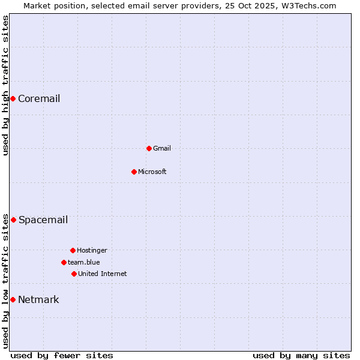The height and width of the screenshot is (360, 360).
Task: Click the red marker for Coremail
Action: pos(13,98)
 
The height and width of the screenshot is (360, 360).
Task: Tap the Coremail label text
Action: pos(39,99)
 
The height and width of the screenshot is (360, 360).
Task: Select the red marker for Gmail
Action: pos(149,148)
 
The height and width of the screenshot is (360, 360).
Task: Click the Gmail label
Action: pos(162,149)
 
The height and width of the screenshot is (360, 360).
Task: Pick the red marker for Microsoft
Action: pos(134,172)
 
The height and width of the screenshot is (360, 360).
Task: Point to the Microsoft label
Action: pos(152,172)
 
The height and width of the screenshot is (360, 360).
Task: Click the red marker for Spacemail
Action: pos(13,220)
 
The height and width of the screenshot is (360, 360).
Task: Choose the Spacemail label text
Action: pos(43,220)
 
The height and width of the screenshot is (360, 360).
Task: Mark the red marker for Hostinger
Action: pos(73,250)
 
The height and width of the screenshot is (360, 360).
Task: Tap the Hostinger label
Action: pos(92,251)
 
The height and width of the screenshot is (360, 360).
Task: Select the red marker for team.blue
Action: pos(64,262)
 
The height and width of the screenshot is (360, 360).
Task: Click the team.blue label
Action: pos(84,263)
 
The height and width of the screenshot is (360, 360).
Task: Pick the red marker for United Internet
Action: pos(74,274)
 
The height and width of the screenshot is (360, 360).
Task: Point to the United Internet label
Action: pos(103,274)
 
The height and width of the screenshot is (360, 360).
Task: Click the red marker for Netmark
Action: pos(13,299)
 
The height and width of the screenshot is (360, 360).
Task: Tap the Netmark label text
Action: pos(38,300)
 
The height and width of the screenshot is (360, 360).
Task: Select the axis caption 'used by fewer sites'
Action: pos(62,355)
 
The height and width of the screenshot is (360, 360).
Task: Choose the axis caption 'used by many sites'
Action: pos(301,355)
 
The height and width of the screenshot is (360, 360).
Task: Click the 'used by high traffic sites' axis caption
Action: pos(5,85)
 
